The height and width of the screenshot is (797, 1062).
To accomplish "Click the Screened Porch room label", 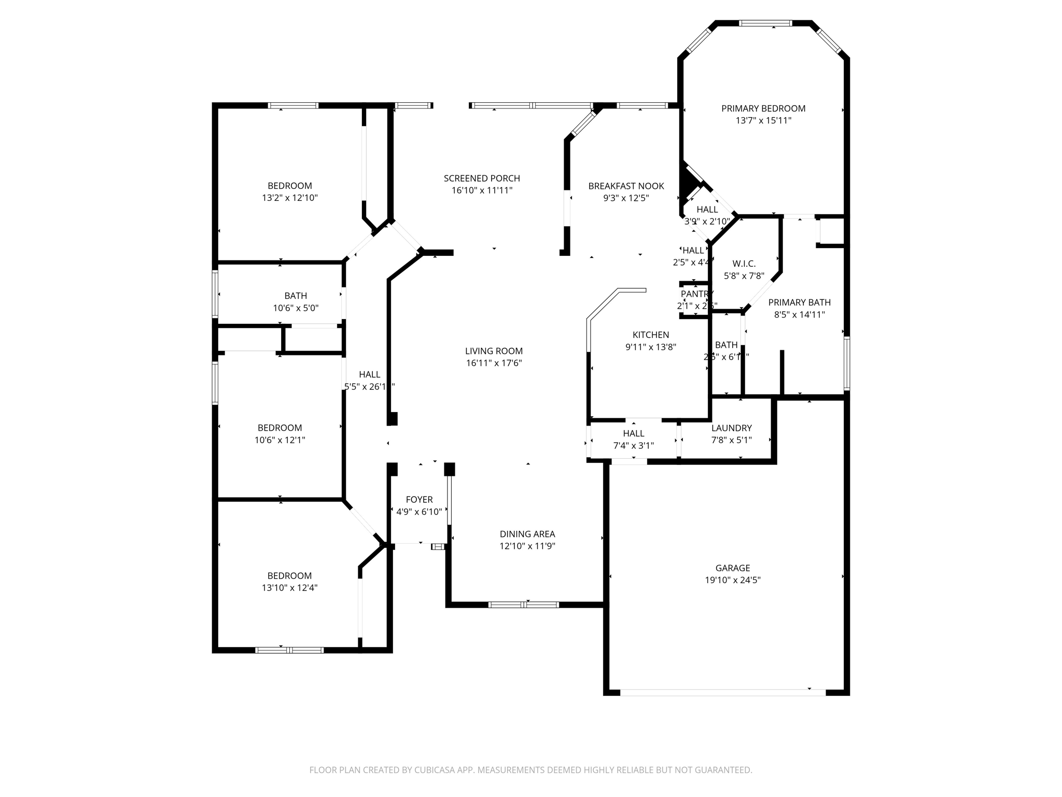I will point(482,178).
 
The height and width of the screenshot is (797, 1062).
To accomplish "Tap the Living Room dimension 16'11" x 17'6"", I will point(494,363).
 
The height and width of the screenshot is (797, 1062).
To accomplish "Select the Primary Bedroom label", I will point(763,108).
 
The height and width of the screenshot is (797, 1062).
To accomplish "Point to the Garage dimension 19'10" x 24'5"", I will point(732,580).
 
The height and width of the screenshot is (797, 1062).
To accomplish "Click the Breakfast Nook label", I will point(626,186).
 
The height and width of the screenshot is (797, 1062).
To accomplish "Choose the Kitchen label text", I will point(650,335).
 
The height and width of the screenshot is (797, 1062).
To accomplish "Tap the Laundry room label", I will point(731,428).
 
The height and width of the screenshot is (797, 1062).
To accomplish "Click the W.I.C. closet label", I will point(744,264).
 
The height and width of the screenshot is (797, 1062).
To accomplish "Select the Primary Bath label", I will point(799,303).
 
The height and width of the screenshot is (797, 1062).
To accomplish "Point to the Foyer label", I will point(419,500).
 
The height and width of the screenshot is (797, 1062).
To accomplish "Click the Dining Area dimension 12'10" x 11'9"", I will point(527,546).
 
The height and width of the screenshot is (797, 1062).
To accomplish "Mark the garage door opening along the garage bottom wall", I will point(722,692).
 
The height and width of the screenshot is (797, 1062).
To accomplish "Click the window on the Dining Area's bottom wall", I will point(524,604).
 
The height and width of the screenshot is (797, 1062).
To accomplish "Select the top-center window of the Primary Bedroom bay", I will point(765,23).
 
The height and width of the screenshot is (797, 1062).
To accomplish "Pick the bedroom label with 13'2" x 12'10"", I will point(289,186).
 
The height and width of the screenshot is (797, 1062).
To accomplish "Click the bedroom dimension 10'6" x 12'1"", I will point(280,440).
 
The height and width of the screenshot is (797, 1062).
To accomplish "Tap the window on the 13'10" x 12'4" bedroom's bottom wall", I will point(289,650).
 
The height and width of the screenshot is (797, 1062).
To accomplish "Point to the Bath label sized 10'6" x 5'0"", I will point(296,296).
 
